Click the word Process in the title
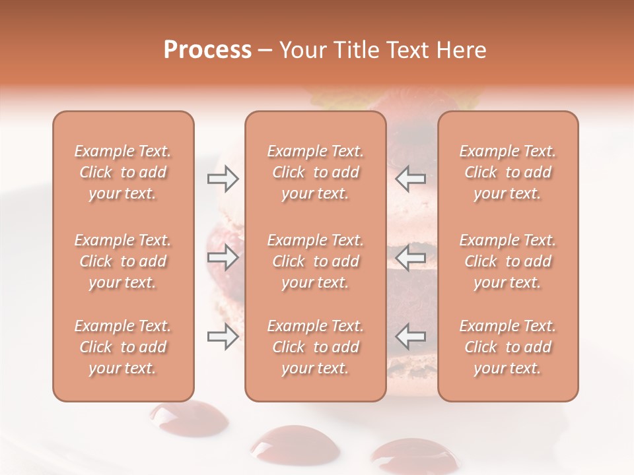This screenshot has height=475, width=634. point(207,50)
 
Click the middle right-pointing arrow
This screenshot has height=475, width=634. point(223,257)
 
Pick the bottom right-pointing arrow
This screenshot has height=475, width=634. point(223,336)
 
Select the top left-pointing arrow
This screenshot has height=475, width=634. point(411,179)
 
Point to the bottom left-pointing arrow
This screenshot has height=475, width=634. point(411,336)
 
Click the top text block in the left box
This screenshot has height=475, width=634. point(123,172)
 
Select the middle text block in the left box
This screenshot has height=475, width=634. point(123,261)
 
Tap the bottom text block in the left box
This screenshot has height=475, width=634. point(123,347)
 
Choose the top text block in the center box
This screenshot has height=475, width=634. point(315,172)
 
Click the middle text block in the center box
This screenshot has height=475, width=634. point(315,261)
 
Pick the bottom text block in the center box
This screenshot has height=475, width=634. point(315,347)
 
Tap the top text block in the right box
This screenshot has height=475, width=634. point(507,172)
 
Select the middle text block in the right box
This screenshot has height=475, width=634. point(507,261)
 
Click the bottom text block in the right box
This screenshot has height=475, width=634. point(507,347)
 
